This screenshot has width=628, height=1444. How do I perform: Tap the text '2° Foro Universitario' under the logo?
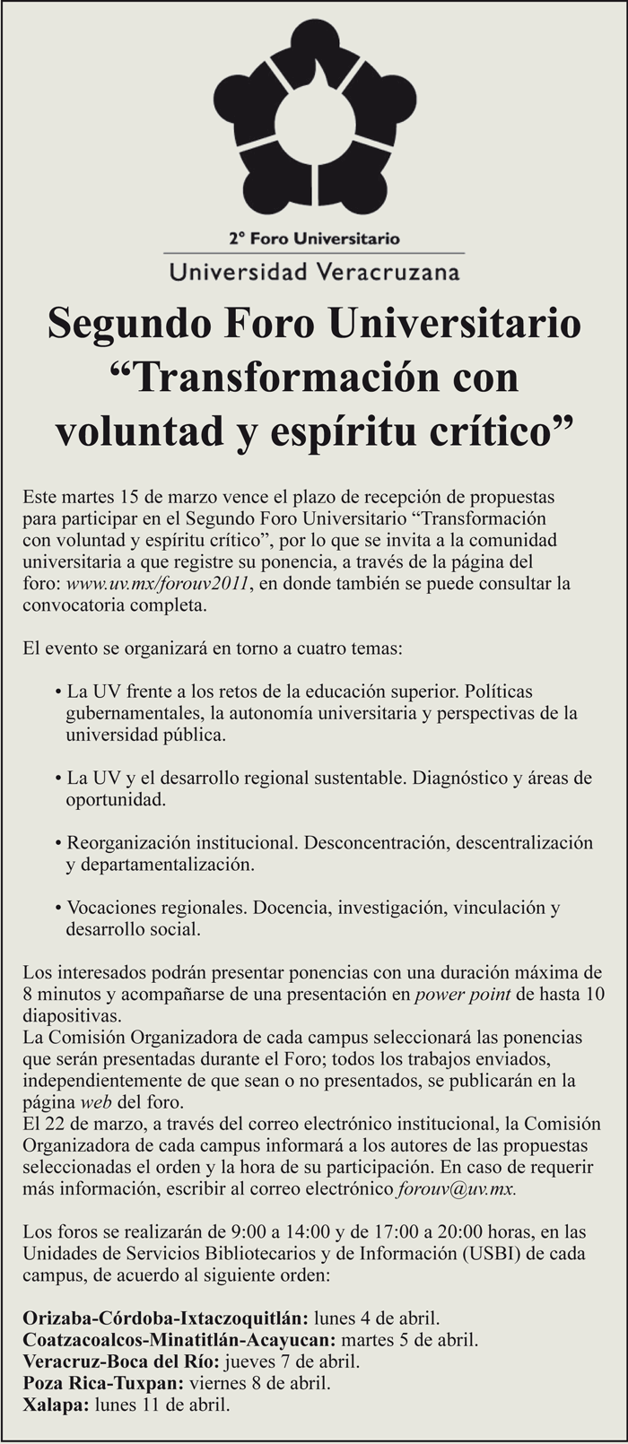pyautogui.click(x=314, y=239)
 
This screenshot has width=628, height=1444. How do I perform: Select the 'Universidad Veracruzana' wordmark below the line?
pyautogui.click(x=314, y=270)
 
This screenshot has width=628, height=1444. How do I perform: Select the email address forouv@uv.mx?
pyautogui.click(x=456, y=1189)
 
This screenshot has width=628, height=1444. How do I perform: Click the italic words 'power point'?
pyautogui.click(x=463, y=994)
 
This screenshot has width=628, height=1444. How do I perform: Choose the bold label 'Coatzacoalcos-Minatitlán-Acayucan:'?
pyautogui.click(x=179, y=1341)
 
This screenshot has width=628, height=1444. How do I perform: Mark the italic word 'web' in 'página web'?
pyautogui.click(x=96, y=1101)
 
